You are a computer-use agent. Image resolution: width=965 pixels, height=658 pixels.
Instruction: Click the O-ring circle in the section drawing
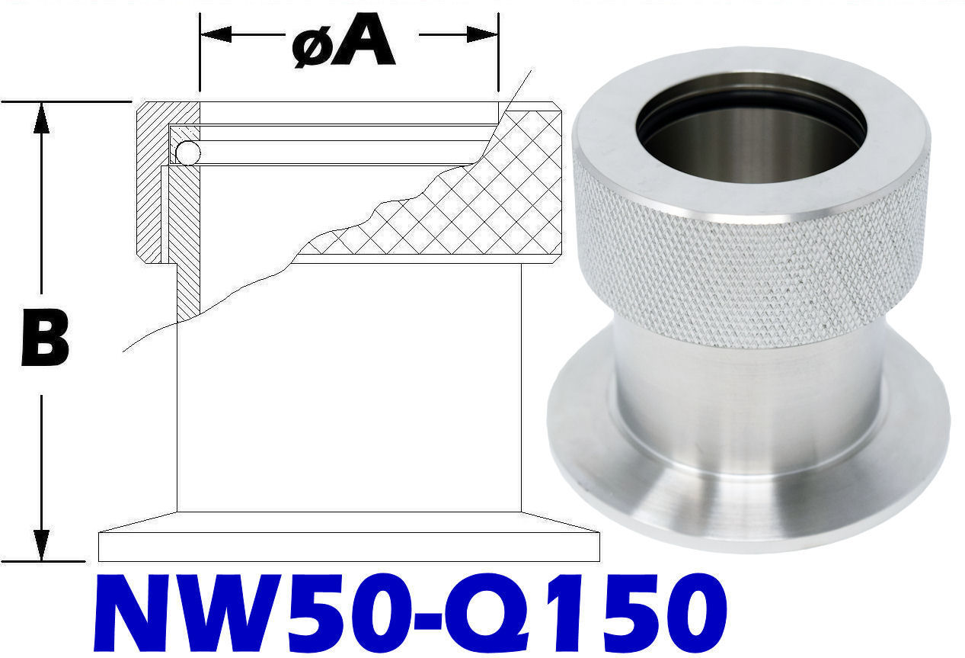coord(187,153)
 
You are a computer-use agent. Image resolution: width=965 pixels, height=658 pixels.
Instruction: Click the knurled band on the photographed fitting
coord(750,259)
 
